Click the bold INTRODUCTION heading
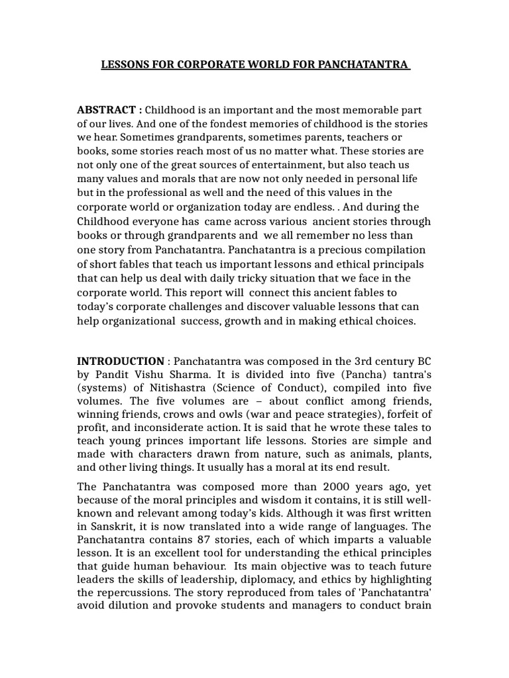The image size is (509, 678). [x=121, y=361]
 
